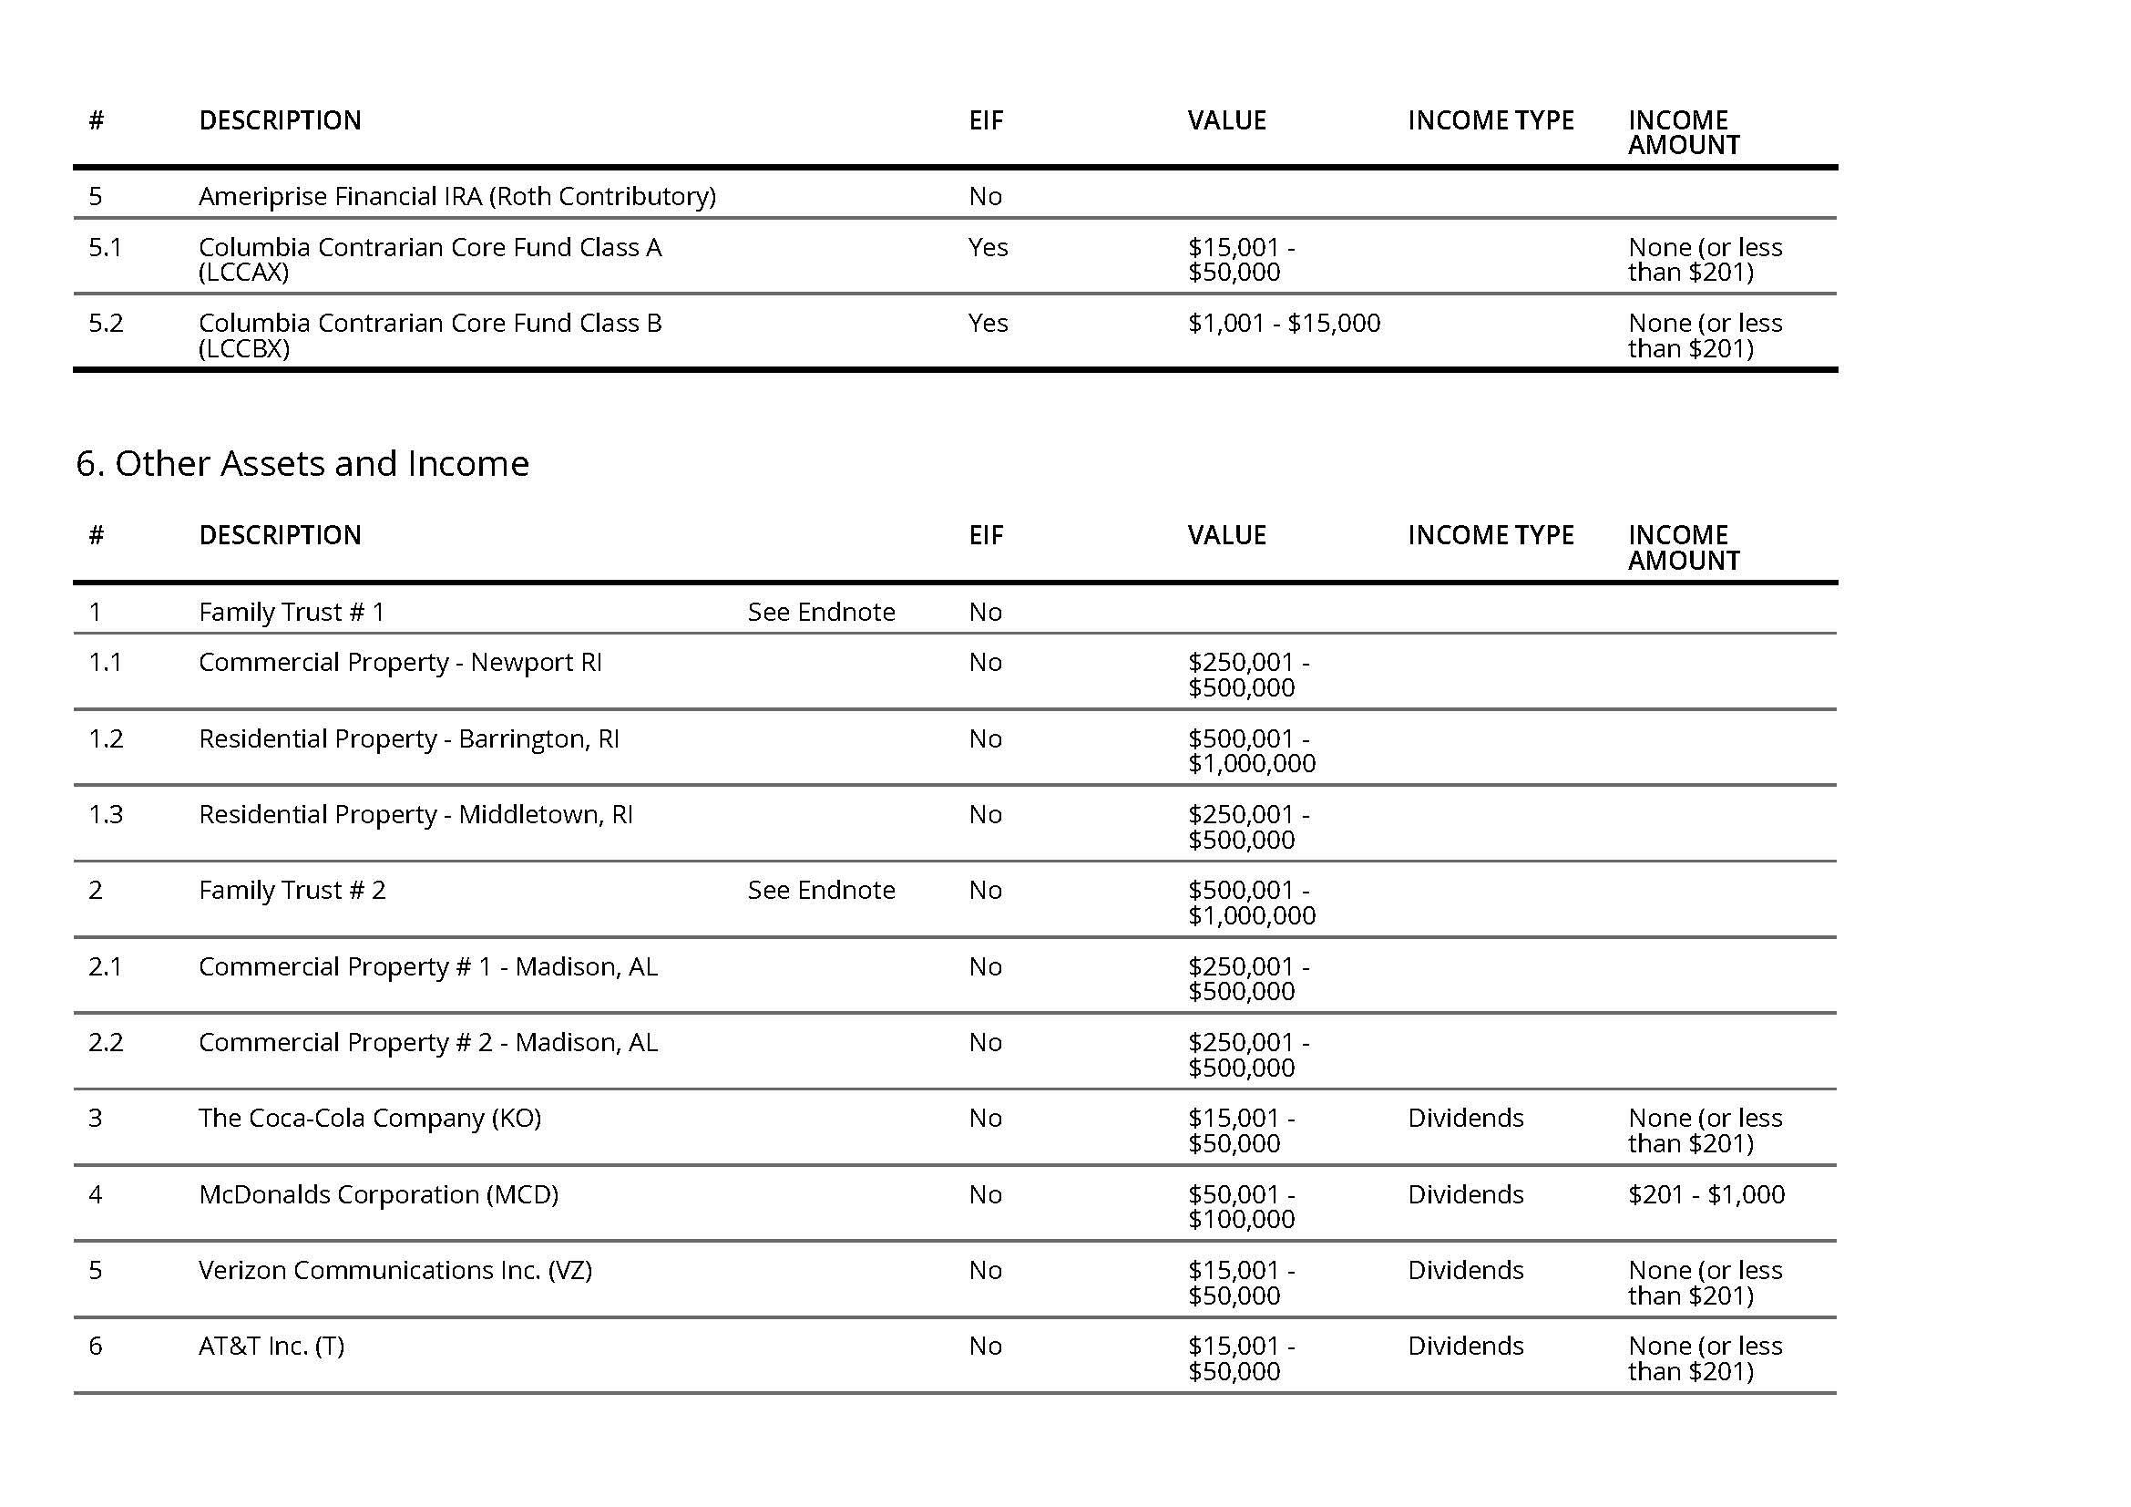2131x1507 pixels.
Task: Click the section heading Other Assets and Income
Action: pyautogui.click(x=302, y=463)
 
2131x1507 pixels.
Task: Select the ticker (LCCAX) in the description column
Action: pyautogui.click(x=243, y=272)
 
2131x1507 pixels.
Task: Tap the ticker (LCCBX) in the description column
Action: pyautogui.click(x=244, y=348)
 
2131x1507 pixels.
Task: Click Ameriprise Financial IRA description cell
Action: pyautogui.click(x=456, y=196)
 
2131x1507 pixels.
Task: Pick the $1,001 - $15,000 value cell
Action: pyautogui.click(x=1284, y=323)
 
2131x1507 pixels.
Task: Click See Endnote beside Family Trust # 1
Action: pyautogui.click(x=821, y=612)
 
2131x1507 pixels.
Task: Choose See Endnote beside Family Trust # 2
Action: pyautogui.click(x=821, y=890)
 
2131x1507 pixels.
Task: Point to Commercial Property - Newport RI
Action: pyautogui.click(x=400, y=662)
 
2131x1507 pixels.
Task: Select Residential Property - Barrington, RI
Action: pyautogui.click(x=408, y=738)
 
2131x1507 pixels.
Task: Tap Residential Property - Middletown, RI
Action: pyautogui.click(x=415, y=814)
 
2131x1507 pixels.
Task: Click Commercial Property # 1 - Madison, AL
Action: pyautogui.click(x=428, y=966)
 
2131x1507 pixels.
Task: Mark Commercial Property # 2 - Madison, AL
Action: pyautogui.click(x=428, y=1042)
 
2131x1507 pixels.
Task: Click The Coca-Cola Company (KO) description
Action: pyautogui.click(x=369, y=1118)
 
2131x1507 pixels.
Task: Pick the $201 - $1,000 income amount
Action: pyautogui.click(x=1706, y=1194)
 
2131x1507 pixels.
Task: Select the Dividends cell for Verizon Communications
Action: pyautogui.click(x=1465, y=1270)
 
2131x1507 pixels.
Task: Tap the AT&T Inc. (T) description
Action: pyautogui.click(x=271, y=1347)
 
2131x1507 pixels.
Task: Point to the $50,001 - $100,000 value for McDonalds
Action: pyautogui.click(x=1241, y=1206)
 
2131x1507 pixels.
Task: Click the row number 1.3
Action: pyautogui.click(x=106, y=814)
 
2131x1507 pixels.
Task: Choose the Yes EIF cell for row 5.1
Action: pyautogui.click(x=988, y=247)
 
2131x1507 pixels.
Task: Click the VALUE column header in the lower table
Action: pyautogui.click(x=1226, y=535)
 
